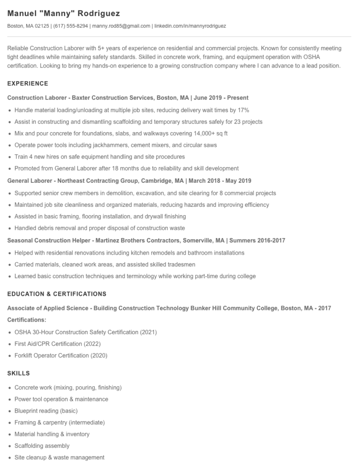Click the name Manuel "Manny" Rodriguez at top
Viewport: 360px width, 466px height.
tap(64, 13)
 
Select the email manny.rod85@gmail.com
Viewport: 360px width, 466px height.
tap(121, 26)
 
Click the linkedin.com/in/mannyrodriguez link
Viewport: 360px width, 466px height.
tap(190, 26)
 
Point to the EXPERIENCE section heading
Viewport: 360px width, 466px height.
tap(28, 83)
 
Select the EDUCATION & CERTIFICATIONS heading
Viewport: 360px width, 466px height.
tap(57, 294)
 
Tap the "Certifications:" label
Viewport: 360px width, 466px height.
tap(27, 320)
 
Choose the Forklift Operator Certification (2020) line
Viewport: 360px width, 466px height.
tap(61, 356)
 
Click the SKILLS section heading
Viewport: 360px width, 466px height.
tap(19, 373)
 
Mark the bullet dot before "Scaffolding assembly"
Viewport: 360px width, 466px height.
tap(9, 446)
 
